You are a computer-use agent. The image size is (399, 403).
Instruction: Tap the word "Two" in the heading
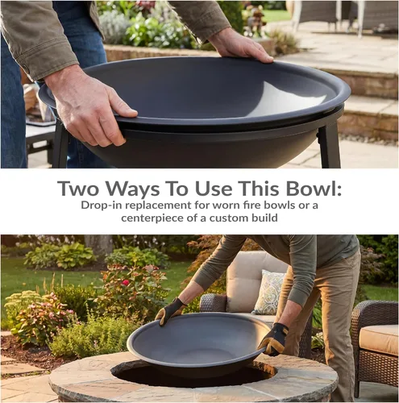coord(77,189)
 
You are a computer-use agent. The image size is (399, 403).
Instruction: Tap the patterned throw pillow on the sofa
coord(268,293)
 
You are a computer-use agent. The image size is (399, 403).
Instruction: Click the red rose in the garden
coord(126,283)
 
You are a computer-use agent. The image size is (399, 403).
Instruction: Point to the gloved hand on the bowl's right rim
coord(273,339)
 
